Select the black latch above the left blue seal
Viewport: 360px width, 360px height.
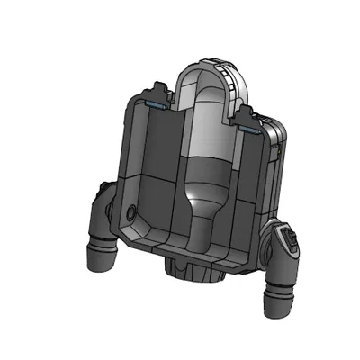click(159, 91)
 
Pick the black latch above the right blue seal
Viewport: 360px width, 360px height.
click(247, 115)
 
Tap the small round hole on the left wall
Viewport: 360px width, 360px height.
click(133, 214)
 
